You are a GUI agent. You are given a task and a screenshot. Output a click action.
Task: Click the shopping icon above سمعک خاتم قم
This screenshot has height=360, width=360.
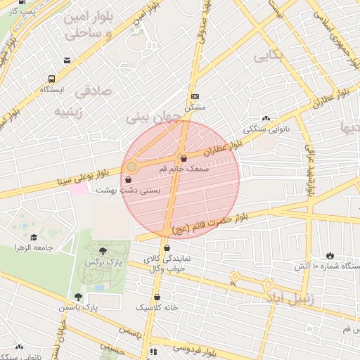[184, 158]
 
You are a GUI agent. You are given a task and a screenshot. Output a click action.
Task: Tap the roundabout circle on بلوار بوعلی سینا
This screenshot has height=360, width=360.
[131, 167]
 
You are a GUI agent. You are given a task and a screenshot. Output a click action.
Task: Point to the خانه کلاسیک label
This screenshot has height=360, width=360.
[157, 307]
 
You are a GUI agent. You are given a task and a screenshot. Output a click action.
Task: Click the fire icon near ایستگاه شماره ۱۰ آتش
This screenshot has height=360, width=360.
[330, 255]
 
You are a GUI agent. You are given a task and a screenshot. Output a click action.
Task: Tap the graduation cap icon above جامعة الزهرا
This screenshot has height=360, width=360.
[33, 238]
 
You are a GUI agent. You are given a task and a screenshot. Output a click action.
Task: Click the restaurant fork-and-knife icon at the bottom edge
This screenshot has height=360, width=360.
[153, 352]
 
